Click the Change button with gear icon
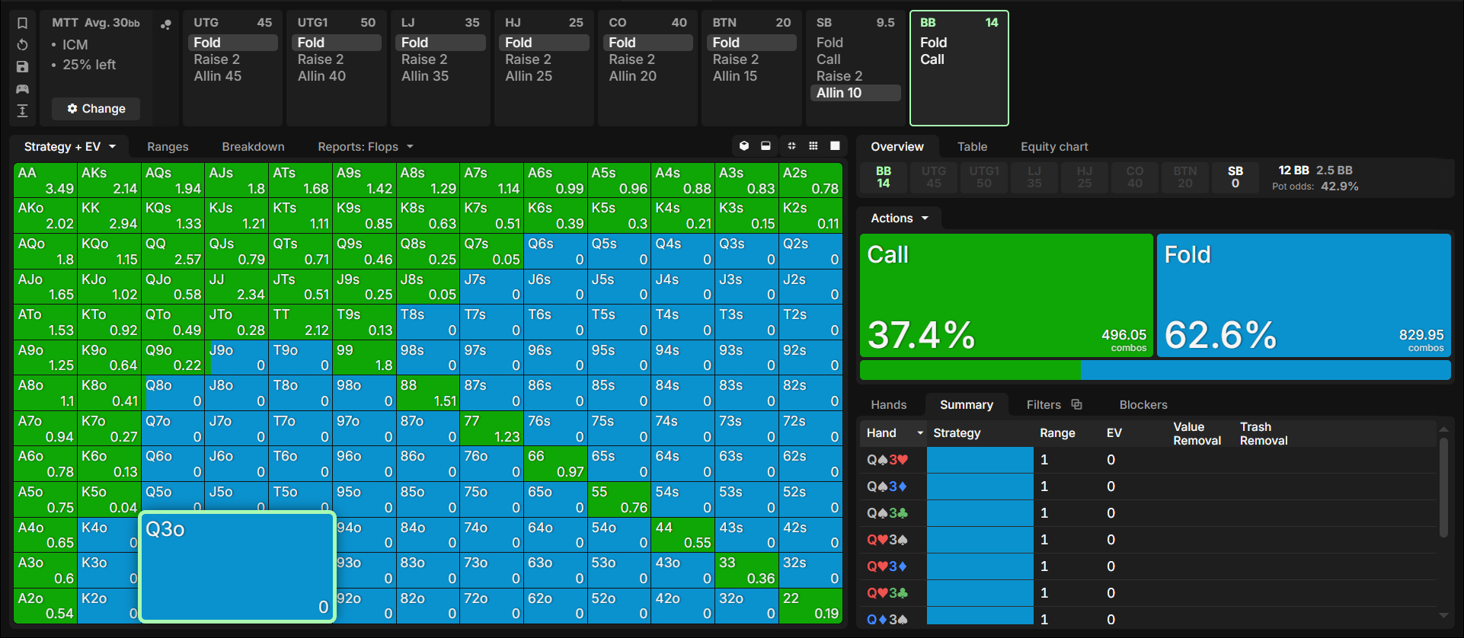click(96, 109)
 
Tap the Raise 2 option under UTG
click(217, 59)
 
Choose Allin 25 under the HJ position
click(529, 76)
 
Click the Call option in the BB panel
click(932, 59)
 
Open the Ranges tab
click(168, 147)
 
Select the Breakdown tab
click(253, 147)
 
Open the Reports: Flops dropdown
click(366, 147)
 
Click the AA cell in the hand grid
click(46, 180)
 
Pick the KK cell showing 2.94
click(109, 215)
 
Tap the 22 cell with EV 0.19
click(810, 606)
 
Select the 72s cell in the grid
click(810, 429)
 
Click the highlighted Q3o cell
click(238, 566)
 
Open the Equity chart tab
click(1054, 147)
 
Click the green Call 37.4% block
click(1006, 295)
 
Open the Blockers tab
click(1143, 405)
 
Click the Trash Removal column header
click(1264, 434)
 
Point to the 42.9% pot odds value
click(1340, 187)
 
